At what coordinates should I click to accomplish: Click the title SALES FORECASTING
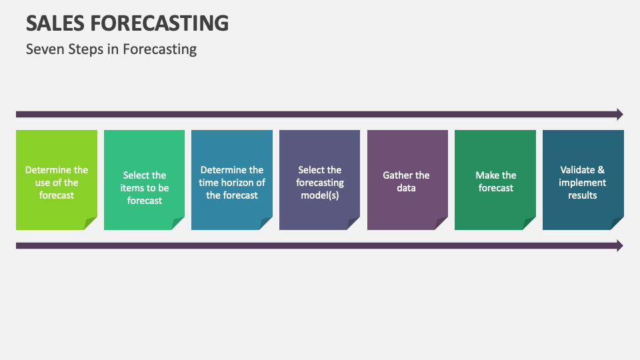(127, 23)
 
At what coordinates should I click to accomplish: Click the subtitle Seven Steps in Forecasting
(111, 49)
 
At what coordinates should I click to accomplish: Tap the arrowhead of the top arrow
(619, 114)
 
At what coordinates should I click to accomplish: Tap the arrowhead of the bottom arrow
(619, 245)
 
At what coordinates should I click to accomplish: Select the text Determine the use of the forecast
(57, 183)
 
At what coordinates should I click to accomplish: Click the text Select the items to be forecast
(145, 188)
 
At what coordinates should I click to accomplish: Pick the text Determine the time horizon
(232, 183)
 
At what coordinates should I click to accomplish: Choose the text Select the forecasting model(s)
(320, 183)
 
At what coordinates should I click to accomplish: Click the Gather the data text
(407, 181)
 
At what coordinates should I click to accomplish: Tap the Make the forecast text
(495, 181)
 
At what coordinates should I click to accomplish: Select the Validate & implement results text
(583, 183)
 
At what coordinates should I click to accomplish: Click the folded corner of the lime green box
(91, 224)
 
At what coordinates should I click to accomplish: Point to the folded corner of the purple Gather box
(442, 224)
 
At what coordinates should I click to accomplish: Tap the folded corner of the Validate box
(618, 224)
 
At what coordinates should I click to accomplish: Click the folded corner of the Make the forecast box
(530, 224)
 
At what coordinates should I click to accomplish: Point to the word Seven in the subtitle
(43, 49)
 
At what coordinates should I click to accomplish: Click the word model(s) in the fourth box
(320, 195)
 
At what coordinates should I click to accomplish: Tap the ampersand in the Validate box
(601, 170)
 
